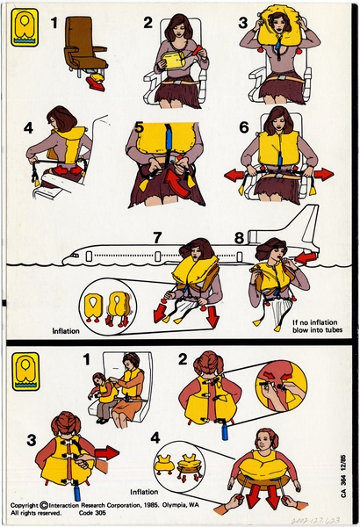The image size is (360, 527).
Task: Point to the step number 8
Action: pyautogui.click(x=239, y=236)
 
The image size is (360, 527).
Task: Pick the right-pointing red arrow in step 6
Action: pyautogui.click(x=323, y=174)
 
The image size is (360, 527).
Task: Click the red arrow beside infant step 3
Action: pyautogui.click(x=107, y=453)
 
